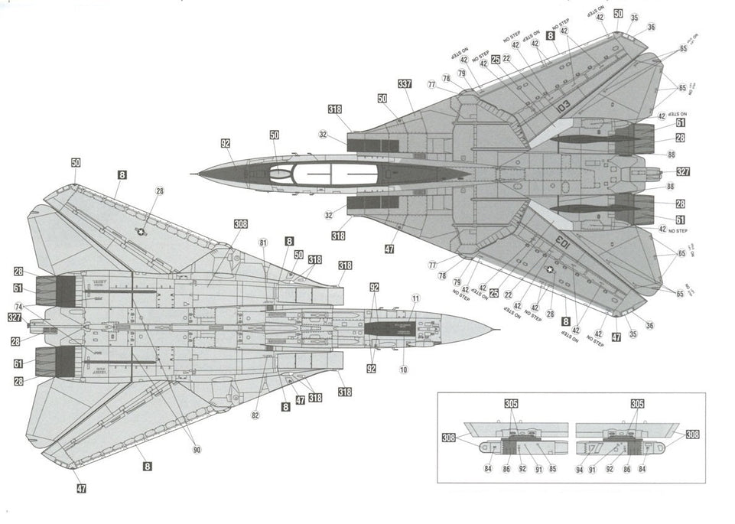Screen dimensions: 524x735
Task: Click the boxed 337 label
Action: pyautogui.click(x=405, y=84)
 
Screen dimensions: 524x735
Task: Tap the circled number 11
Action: pyautogui.click(x=415, y=298)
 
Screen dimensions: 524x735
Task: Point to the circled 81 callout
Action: pyautogui.click(x=263, y=243)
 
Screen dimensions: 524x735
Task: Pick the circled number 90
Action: pyautogui.click(x=197, y=450)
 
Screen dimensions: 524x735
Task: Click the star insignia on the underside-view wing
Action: pyautogui.click(x=141, y=231)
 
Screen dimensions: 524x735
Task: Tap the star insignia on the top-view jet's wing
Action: pyautogui.click(x=551, y=269)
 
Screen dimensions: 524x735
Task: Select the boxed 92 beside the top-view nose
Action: pyautogui.click(x=226, y=143)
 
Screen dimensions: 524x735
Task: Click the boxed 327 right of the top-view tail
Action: pyautogui.click(x=683, y=172)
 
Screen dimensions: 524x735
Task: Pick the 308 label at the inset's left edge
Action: pyautogui.click(x=449, y=438)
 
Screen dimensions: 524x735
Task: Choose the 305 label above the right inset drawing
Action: pyautogui.click(x=637, y=403)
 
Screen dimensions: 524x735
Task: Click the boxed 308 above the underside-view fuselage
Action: pyautogui.click(x=241, y=224)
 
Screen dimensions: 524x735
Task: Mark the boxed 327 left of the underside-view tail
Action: pyautogui.click(x=15, y=317)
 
